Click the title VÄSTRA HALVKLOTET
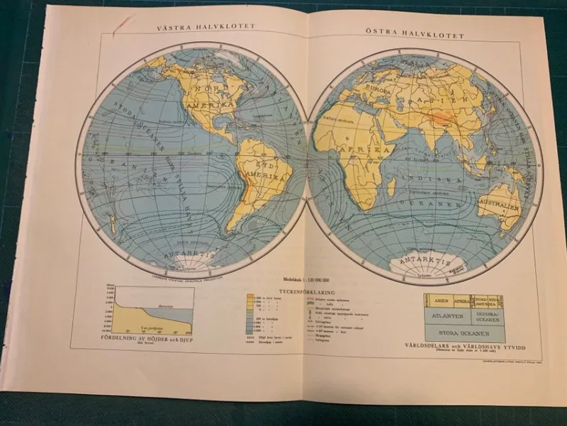coord(206,28)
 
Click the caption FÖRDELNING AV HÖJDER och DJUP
coord(150,337)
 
